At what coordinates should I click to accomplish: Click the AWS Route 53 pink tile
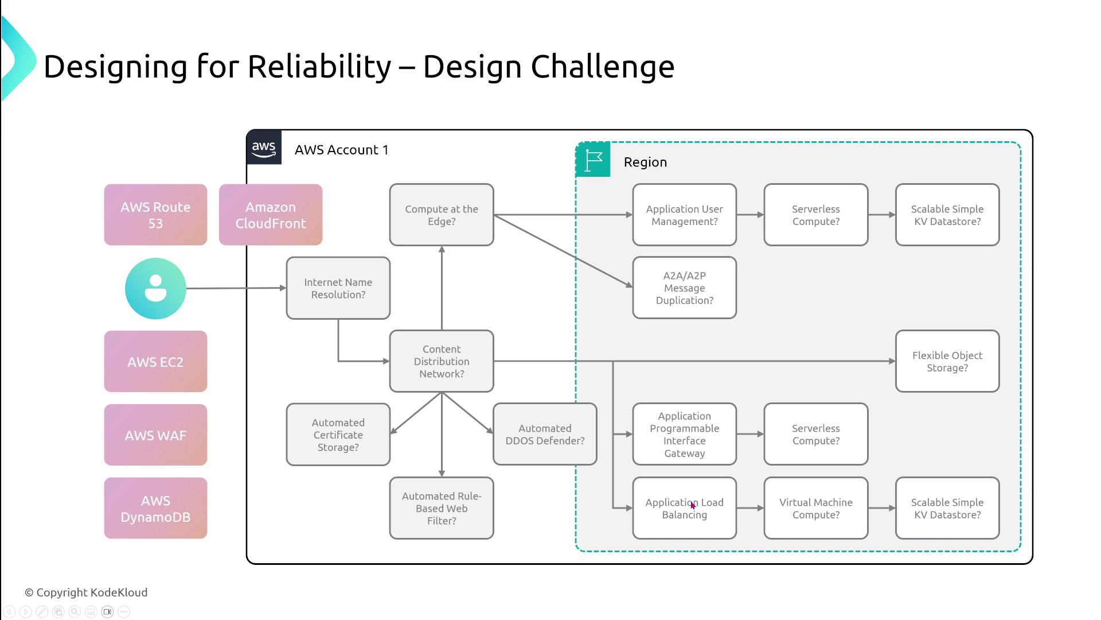coord(155,215)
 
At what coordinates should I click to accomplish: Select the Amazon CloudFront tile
coord(271,215)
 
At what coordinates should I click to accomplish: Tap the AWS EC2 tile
coord(155,362)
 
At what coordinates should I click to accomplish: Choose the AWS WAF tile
coord(155,435)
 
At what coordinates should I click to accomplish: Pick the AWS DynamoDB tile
coord(155,508)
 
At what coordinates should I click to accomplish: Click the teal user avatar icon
coord(155,288)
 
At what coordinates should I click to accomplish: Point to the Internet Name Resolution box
coord(338,288)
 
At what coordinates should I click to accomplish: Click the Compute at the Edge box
coord(441,215)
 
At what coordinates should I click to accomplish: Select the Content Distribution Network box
coord(441,361)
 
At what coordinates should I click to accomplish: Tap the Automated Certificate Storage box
coord(338,435)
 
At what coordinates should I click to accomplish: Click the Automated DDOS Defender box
coord(545,435)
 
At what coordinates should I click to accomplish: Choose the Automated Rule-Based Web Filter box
coord(441,508)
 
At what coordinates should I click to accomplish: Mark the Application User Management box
coord(684,215)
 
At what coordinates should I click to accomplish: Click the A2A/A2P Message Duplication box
coord(684,288)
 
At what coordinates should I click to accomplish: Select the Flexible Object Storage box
coord(947,361)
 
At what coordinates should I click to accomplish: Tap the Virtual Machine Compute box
coord(815,508)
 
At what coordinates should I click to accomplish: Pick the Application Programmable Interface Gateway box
coord(684,435)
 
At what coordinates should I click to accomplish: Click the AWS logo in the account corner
coord(264,148)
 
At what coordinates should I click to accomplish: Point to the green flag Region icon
coord(593,160)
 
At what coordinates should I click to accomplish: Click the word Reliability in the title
coord(319,67)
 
